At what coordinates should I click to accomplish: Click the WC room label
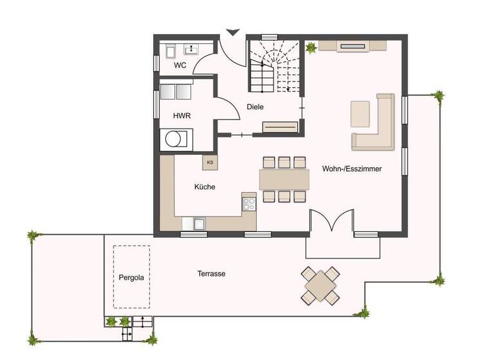pyautogui.click(x=180, y=66)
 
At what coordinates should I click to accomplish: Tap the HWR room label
pyautogui.click(x=181, y=116)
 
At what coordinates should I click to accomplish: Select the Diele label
pyautogui.click(x=255, y=107)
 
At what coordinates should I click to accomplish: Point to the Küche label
pyautogui.click(x=205, y=187)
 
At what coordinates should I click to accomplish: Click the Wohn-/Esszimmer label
pyautogui.click(x=352, y=169)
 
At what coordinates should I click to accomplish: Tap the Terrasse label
pyautogui.click(x=211, y=274)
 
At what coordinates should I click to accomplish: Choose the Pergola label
pyautogui.click(x=132, y=278)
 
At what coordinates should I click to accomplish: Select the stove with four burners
pyautogui.click(x=248, y=204)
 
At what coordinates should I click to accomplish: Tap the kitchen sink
pyautogui.click(x=199, y=224)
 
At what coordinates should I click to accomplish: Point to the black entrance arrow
pyautogui.click(x=232, y=32)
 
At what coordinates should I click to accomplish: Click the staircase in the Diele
pyautogui.click(x=275, y=66)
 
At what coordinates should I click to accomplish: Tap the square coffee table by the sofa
pyautogui.click(x=360, y=114)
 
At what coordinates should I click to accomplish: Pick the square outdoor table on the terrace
pyautogui.click(x=320, y=285)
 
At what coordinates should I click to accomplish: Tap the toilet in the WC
pyautogui.click(x=170, y=51)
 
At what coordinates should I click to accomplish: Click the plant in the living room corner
pyautogui.click(x=312, y=47)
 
